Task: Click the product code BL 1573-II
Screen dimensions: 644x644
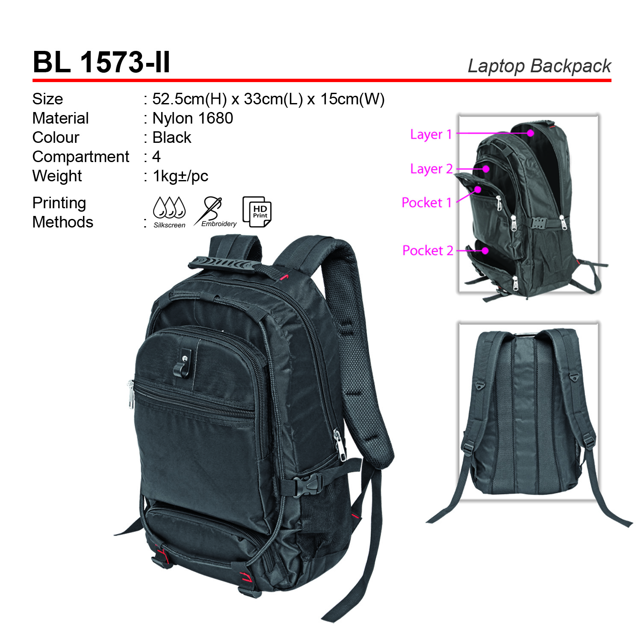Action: pyautogui.click(x=101, y=62)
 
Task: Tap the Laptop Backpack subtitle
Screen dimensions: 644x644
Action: pyautogui.click(x=539, y=66)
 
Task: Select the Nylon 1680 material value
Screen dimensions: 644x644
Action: pyautogui.click(x=193, y=118)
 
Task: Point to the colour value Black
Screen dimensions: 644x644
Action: pyautogui.click(x=172, y=137)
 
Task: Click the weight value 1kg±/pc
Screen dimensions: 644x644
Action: pyautogui.click(x=180, y=176)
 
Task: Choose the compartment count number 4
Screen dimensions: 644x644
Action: pyautogui.click(x=157, y=157)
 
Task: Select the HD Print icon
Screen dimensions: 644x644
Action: pyautogui.click(x=257, y=212)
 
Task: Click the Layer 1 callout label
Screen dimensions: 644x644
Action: pyautogui.click(x=431, y=134)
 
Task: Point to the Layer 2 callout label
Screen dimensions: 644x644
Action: pyautogui.click(x=431, y=169)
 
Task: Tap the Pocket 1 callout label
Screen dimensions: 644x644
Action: pyautogui.click(x=427, y=202)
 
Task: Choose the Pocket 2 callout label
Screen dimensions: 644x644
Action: pyautogui.click(x=428, y=250)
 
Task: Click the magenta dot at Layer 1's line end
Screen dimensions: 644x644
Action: pyautogui.click(x=530, y=133)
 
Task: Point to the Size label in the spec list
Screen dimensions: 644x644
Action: pyautogui.click(x=47, y=99)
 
